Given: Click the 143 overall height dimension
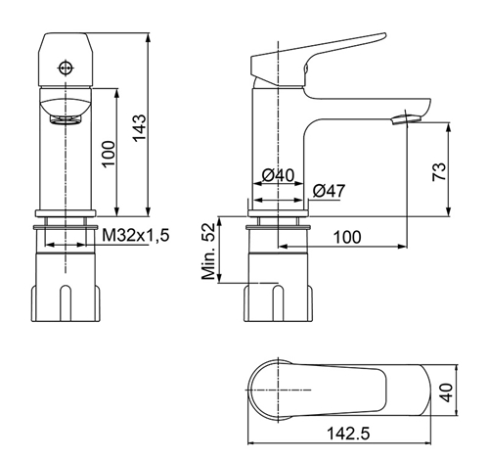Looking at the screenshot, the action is (x=140, y=127).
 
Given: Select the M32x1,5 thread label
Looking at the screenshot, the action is (x=136, y=235).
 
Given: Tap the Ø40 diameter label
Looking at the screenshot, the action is (x=278, y=175).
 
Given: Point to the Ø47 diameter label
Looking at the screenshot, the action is (x=329, y=191).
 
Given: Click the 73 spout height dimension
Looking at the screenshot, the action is (x=439, y=171).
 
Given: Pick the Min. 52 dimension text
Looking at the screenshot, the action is (x=208, y=252).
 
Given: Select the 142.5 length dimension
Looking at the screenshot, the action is (x=348, y=434).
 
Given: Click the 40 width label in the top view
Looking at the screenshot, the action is (x=447, y=392).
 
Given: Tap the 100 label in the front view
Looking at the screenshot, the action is (x=109, y=154).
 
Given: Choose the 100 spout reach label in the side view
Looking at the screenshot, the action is (x=347, y=237).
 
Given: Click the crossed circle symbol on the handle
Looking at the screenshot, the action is (x=66, y=68).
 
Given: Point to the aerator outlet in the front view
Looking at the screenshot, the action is (x=66, y=119).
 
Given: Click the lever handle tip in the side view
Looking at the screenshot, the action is (x=383, y=34).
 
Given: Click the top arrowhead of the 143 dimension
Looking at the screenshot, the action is (x=149, y=37).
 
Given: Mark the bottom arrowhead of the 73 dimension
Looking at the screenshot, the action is (x=449, y=211).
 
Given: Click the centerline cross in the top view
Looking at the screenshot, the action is (x=278, y=390).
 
